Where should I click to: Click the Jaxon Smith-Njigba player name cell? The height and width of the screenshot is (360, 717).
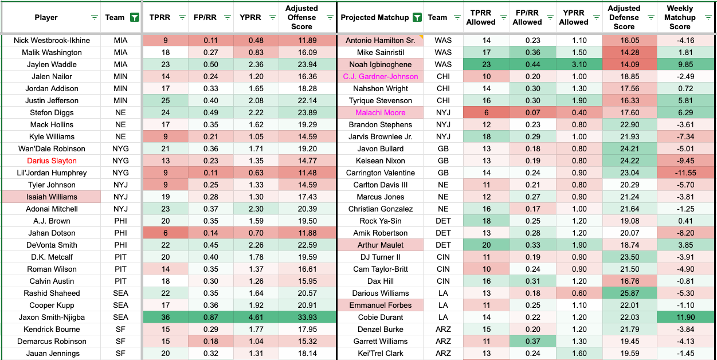pyautogui.click(x=52, y=317)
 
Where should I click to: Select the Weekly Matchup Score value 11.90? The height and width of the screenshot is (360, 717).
pyautogui.click(x=680, y=317)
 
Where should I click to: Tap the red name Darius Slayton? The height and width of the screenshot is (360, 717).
pyautogui.click(x=52, y=161)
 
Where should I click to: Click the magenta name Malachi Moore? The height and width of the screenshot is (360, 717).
pyautogui.click(x=381, y=112)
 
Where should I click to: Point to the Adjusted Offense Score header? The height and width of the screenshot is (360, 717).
pyautogui.click(x=301, y=18)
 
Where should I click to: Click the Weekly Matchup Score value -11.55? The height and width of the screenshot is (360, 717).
pyautogui.click(x=680, y=173)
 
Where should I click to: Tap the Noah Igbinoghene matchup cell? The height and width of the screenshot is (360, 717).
pyautogui.click(x=381, y=64)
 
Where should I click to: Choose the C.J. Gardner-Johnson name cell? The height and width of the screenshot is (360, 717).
pyautogui.click(x=381, y=76)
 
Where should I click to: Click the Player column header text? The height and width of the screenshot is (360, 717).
pyautogui.click(x=46, y=18)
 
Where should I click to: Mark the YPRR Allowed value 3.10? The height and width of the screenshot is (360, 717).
pyautogui.click(x=574, y=64)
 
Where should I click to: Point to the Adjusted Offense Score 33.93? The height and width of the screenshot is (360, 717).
pyautogui.click(x=301, y=317)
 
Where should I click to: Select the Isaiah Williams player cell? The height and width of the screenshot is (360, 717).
pyautogui.click(x=52, y=197)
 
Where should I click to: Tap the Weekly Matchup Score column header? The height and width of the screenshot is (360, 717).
pyautogui.click(x=680, y=18)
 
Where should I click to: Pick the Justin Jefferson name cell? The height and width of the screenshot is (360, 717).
pyautogui.click(x=52, y=100)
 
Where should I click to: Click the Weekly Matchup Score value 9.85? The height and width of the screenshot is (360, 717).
pyautogui.click(x=680, y=64)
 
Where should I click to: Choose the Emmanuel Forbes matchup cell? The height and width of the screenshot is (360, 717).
pyautogui.click(x=381, y=305)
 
